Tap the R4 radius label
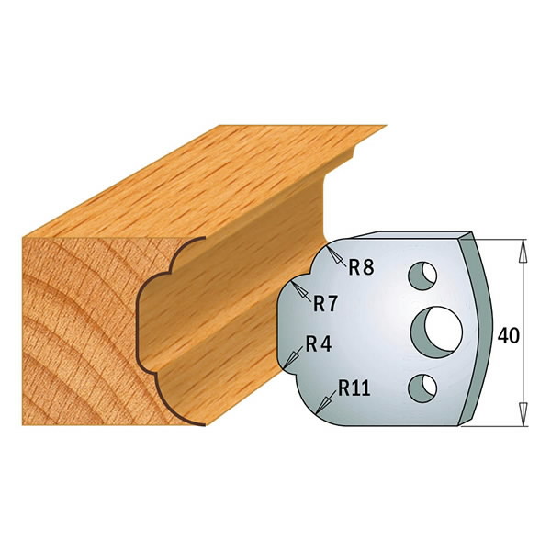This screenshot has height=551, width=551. pos(318,345)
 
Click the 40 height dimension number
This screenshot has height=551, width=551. pos(508,334)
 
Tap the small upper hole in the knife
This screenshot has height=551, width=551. pos(422,274)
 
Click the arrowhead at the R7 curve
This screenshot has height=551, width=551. pos(297,286)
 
